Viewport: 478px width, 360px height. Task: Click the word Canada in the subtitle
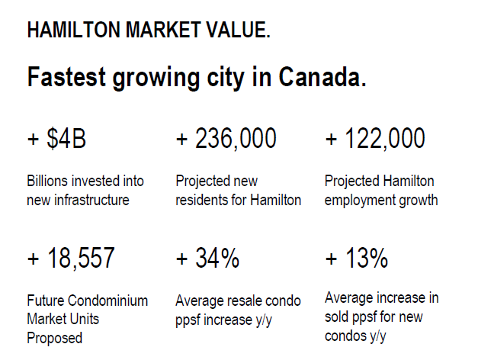point(321,77)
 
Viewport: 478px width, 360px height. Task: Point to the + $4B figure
point(56,140)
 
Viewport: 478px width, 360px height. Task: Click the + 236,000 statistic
point(226,140)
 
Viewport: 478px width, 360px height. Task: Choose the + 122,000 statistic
point(374,140)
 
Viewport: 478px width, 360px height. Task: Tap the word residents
point(201,201)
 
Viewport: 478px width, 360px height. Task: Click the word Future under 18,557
point(45,301)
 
